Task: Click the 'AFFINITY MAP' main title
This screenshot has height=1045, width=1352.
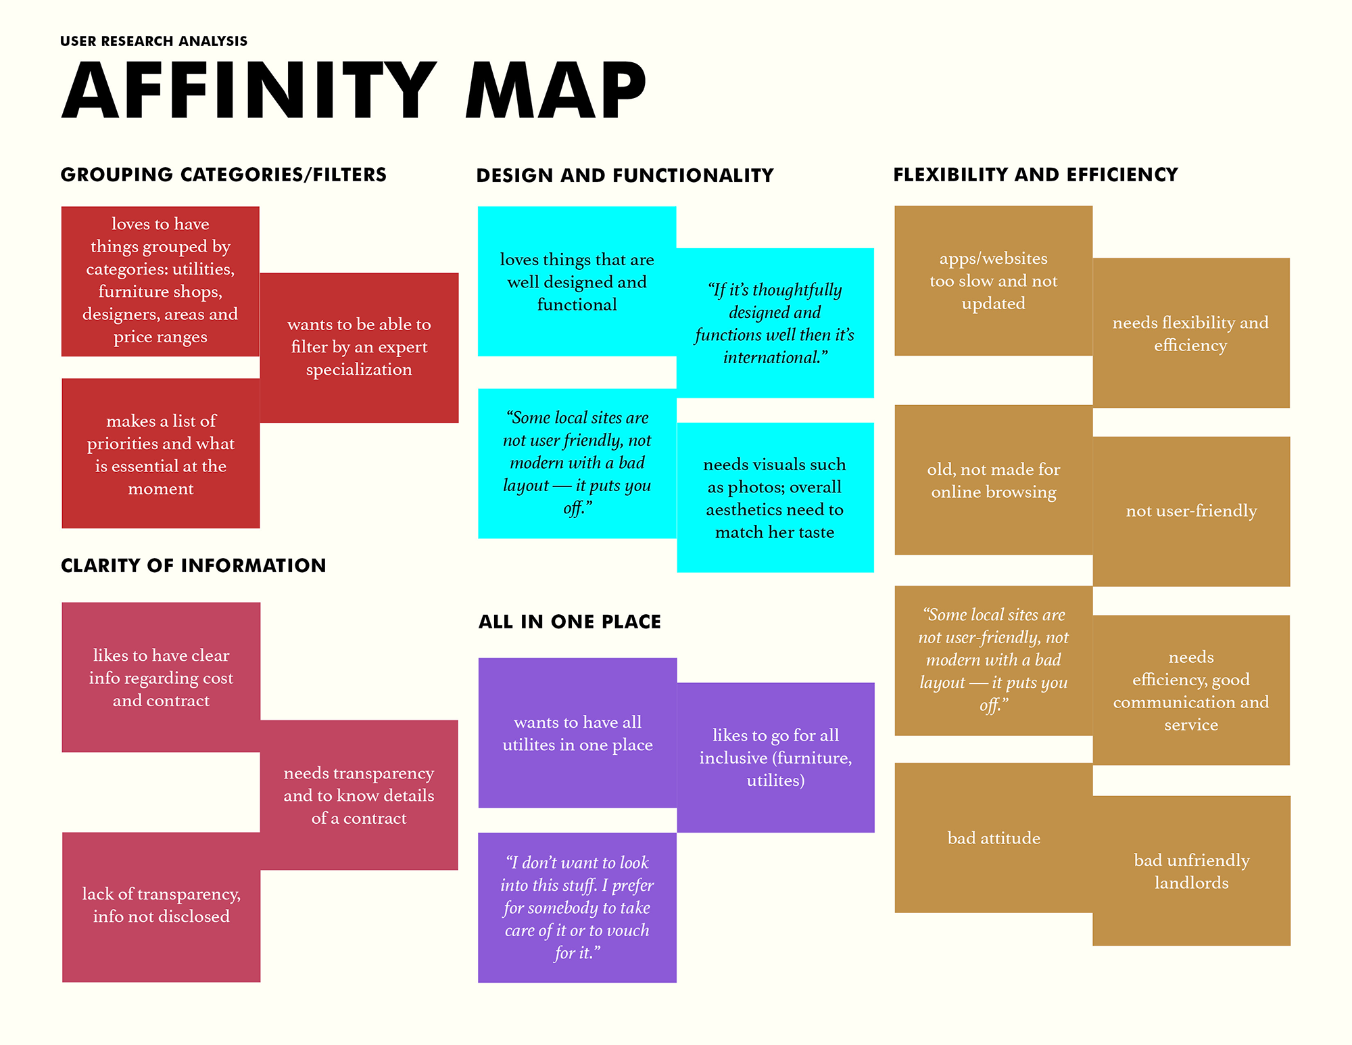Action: tap(354, 90)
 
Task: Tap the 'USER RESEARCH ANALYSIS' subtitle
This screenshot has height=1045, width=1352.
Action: tap(153, 41)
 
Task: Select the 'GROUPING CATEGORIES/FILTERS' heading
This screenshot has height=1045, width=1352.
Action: tap(223, 175)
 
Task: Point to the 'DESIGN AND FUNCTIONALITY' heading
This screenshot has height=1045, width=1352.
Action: tap(625, 175)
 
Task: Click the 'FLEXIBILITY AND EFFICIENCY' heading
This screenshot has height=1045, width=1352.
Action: tap(1035, 175)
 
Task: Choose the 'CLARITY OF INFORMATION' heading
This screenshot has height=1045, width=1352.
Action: tap(193, 565)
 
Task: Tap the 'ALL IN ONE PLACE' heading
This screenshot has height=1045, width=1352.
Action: tap(569, 622)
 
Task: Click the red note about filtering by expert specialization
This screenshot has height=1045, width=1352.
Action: tap(359, 348)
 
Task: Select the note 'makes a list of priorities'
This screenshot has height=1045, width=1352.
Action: tap(161, 454)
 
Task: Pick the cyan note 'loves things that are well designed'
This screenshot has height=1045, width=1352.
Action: tap(577, 281)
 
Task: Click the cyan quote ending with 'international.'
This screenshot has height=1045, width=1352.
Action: tap(775, 323)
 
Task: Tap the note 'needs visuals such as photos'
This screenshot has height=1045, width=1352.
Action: tap(775, 498)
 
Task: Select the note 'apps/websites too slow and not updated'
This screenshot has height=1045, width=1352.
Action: tap(993, 281)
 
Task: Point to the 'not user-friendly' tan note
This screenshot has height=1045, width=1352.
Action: tap(1191, 511)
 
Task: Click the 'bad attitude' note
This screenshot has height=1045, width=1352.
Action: tap(993, 838)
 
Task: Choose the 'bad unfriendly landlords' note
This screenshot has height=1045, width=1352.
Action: tap(1191, 871)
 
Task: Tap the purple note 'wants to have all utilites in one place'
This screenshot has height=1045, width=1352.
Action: tap(577, 733)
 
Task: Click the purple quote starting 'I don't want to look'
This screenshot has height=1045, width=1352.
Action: tap(577, 908)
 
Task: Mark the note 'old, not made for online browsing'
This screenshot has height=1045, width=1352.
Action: tap(993, 480)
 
